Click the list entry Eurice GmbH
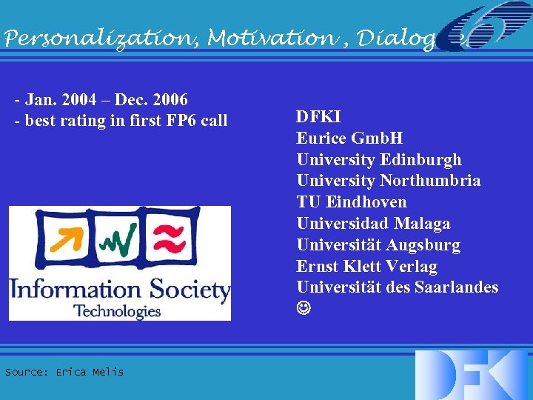tap(349, 138)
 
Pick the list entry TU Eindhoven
tap(352, 202)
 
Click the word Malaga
tap(422, 224)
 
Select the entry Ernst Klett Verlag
tap(366, 267)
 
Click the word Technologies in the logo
tap(117, 310)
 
